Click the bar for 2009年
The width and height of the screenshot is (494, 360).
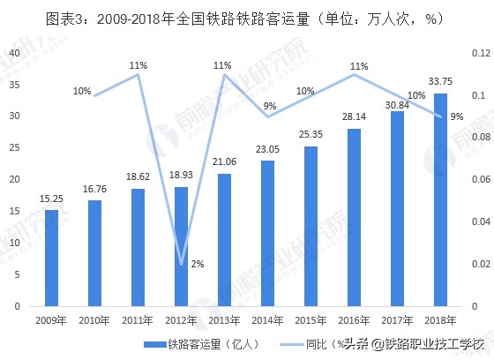(x=52, y=258)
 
